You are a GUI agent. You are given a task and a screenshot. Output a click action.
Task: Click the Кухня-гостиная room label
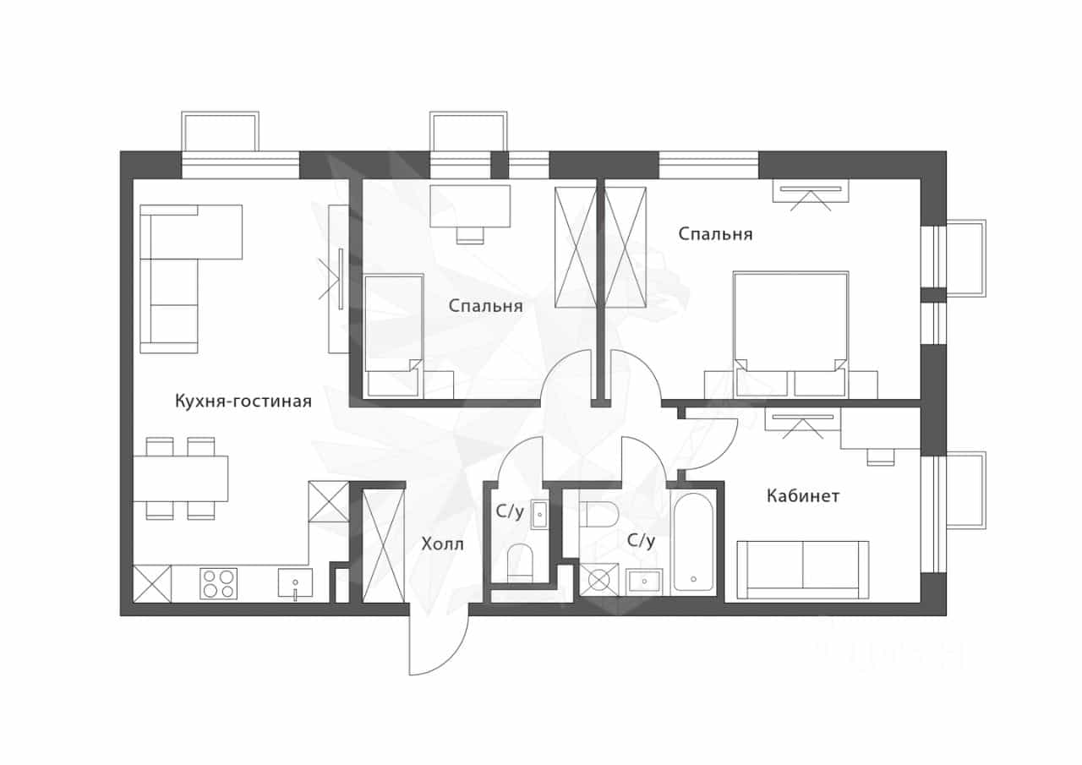tap(243, 402)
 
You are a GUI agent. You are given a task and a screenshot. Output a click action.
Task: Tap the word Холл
tap(442, 544)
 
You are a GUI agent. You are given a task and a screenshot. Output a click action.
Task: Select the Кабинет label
tap(803, 496)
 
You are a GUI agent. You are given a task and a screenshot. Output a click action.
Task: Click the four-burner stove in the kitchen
tap(218, 583)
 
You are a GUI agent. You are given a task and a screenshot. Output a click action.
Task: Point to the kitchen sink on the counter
tap(295, 583)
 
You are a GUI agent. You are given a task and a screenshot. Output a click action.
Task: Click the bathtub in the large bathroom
tap(693, 542)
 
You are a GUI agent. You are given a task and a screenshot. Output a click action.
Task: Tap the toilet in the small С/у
tap(520, 563)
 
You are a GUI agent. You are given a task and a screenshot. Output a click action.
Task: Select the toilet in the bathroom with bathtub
tap(599, 514)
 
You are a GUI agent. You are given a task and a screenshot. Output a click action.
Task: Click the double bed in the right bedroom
tap(790, 335)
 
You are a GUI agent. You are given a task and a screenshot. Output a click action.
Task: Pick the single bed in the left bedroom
tap(394, 336)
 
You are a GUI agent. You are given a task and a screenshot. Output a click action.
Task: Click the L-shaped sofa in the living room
tap(191, 279)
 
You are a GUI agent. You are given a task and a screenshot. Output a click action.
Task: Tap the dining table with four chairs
tap(180, 478)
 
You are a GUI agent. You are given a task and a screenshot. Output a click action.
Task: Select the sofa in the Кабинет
tap(803, 570)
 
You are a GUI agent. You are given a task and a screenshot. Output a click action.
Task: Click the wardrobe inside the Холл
tap(383, 546)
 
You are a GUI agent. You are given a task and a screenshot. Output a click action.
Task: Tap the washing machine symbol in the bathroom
tap(599, 580)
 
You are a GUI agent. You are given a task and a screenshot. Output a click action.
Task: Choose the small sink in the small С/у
tap(539, 516)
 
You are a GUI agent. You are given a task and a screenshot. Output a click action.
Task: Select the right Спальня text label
tap(715, 234)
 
